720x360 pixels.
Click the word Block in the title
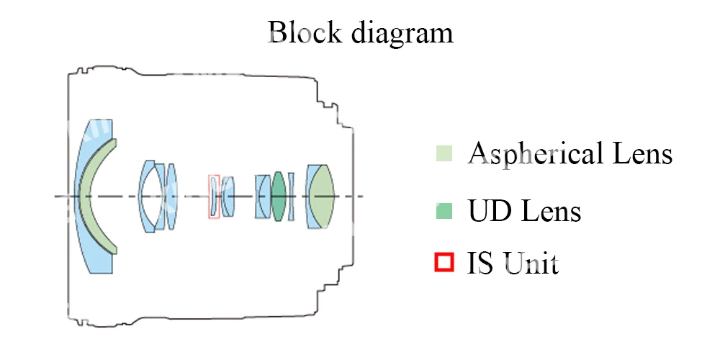(x=302, y=32)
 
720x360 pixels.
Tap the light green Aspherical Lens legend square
(x=444, y=153)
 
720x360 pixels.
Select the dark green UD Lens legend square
(x=444, y=211)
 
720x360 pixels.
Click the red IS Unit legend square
(x=444, y=263)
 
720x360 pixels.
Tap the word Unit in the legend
(x=532, y=264)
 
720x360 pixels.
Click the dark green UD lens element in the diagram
(x=279, y=196)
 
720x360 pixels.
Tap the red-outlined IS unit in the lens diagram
(x=214, y=196)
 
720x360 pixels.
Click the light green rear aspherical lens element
(x=322, y=196)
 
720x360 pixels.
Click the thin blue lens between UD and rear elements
(x=291, y=196)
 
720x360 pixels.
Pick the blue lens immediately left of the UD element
(x=263, y=196)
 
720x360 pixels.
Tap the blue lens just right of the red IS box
(x=228, y=197)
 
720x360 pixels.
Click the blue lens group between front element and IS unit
(x=158, y=197)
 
